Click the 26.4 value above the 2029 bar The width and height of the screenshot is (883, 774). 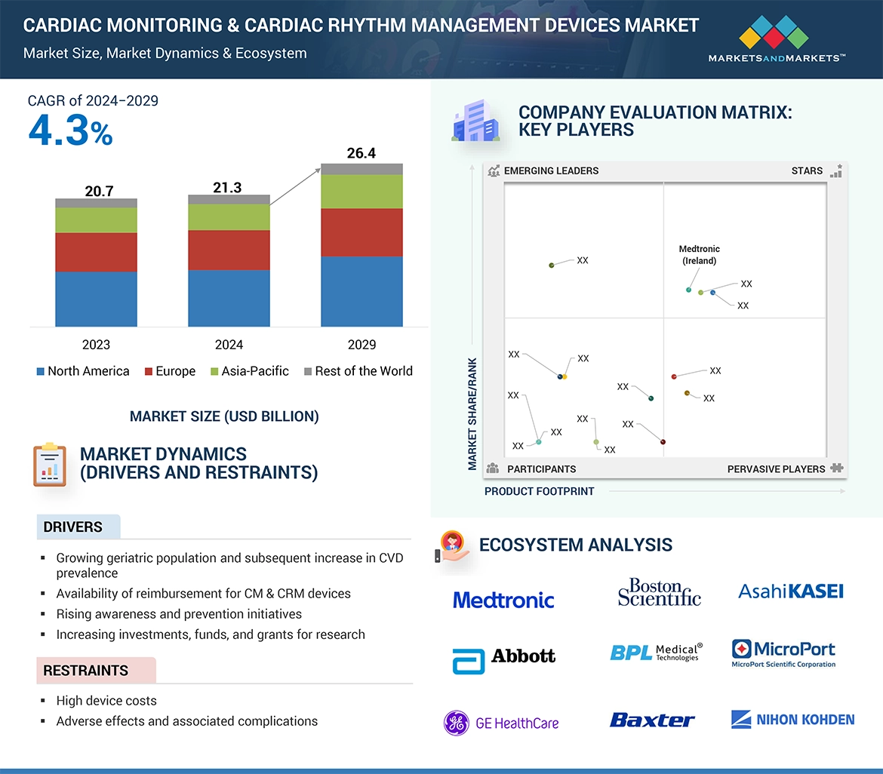pos(361,153)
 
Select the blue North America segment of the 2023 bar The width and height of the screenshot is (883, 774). pos(96,299)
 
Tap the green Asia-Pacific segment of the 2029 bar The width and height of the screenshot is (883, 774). pos(362,192)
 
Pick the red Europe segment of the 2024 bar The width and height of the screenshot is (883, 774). pos(229,250)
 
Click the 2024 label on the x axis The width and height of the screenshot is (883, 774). pos(229,345)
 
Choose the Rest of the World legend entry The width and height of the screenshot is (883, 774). pos(358,371)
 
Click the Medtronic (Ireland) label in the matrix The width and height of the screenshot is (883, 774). pos(699,255)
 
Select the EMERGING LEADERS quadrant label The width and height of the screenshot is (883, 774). pos(550,170)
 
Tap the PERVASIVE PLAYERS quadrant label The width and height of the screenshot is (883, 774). pos(776,469)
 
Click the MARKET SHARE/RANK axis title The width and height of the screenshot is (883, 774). pos(472,413)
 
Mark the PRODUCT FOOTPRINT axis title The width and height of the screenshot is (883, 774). pos(539,491)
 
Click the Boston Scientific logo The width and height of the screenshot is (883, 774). pos(659,593)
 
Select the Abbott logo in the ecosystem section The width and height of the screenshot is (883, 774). pos(503,657)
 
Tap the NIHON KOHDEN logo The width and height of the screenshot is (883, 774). pos(792,720)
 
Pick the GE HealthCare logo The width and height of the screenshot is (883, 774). pos(501,723)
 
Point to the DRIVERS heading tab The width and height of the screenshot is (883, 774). pos(73,527)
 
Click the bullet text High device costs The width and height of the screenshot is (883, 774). pos(106,701)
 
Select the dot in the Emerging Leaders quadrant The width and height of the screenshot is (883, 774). pos(552,265)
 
